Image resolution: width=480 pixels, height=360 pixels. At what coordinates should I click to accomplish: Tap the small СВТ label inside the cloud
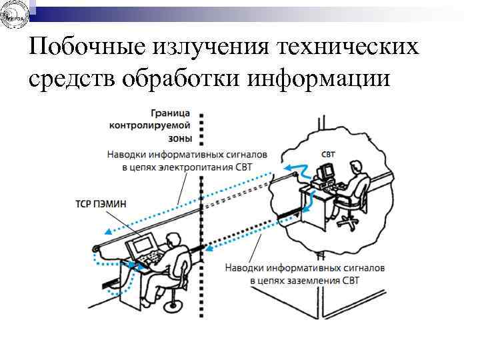click(x=329, y=154)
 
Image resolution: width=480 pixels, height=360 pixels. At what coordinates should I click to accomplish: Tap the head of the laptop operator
click(x=174, y=239)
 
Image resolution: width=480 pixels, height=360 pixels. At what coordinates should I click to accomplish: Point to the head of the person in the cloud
click(x=358, y=166)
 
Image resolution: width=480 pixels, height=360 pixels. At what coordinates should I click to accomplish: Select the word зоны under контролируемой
click(x=180, y=139)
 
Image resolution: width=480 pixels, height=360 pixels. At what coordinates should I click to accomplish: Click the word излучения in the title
click(x=209, y=47)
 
